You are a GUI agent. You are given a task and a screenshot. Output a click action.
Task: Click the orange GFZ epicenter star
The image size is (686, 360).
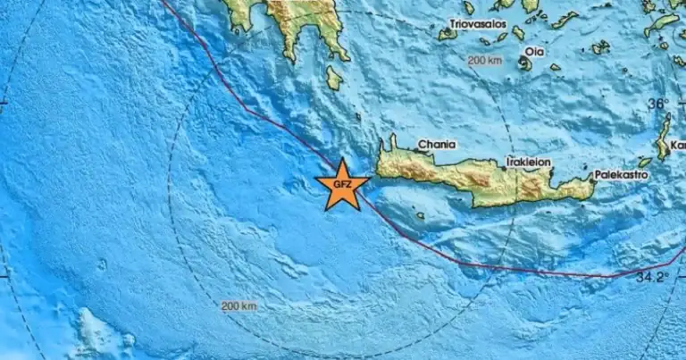pyautogui.click(x=342, y=185)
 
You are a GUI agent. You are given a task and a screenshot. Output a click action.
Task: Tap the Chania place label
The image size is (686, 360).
pyautogui.click(x=437, y=145)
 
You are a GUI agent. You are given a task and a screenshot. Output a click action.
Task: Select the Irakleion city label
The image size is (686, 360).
pyautogui.click(x=528, y=163)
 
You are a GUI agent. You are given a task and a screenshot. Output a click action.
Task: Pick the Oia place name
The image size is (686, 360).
pyautogui.click(x=534, y=51)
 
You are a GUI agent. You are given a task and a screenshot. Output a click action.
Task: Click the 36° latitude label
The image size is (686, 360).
pyautogui.click(x=658, y=105)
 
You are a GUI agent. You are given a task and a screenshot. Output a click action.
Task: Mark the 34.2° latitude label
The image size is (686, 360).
pyautogui.click(x=652, y=277)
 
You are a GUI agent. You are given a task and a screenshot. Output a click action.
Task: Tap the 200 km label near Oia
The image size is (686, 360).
pyautogui.click(x=485, y=61)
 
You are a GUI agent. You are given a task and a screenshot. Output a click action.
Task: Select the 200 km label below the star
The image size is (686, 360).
pyautogui.click(x=238, y=306)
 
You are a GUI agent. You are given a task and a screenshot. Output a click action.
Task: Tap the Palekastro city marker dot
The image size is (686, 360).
pyautogui.click(x=592, y=177)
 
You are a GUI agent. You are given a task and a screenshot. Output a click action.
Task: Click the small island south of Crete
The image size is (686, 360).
pyautogui.click(x=420, y=215)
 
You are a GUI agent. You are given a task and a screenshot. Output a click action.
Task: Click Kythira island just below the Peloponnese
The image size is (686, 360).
pyautogui.click(x=333, y=78)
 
